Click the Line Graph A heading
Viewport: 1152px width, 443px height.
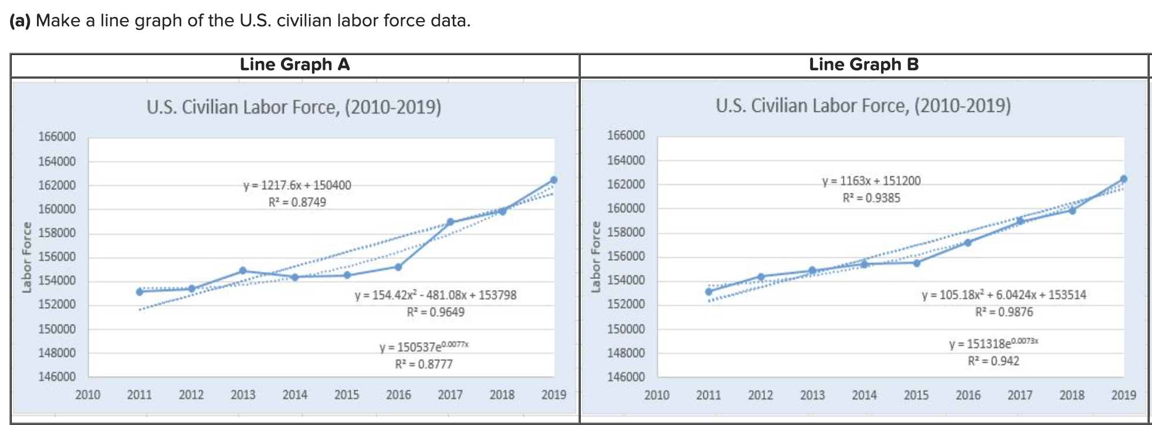(x=294, y=64)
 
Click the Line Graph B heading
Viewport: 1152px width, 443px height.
(x=863, y=64)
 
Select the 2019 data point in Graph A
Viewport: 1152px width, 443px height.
(x=554, y=180)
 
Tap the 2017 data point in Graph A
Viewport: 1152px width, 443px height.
(x=450, y=222)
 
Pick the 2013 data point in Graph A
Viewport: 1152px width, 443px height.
(x=243, y=271)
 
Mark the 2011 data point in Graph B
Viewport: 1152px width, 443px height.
(x=709, y=292)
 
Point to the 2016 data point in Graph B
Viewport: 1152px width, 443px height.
(x=968, y=243)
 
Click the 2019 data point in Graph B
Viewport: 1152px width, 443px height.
(x=1123, y=179)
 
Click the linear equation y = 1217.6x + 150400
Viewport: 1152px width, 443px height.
(x=297, y=185)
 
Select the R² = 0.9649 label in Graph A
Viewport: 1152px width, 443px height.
(x=436, y=312)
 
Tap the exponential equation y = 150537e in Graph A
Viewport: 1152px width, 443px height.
(x=423, y=346)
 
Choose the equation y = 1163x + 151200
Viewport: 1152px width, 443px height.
(x=872, y=181)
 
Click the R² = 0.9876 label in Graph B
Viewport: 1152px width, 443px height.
(x=1004, y=312)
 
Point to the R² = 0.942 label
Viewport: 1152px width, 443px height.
(x=994, y=361)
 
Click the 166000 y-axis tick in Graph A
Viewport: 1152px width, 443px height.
(x=57, y=137)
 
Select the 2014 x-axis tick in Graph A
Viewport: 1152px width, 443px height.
(x=294, y=395)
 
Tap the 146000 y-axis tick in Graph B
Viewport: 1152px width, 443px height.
(x=626, y=377)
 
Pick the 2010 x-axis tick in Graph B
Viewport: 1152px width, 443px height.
(x=657, y=396)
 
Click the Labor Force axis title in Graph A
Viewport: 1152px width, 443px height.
(x=27, y=257)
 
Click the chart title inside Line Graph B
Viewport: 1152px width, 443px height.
(x=863, y=105)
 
